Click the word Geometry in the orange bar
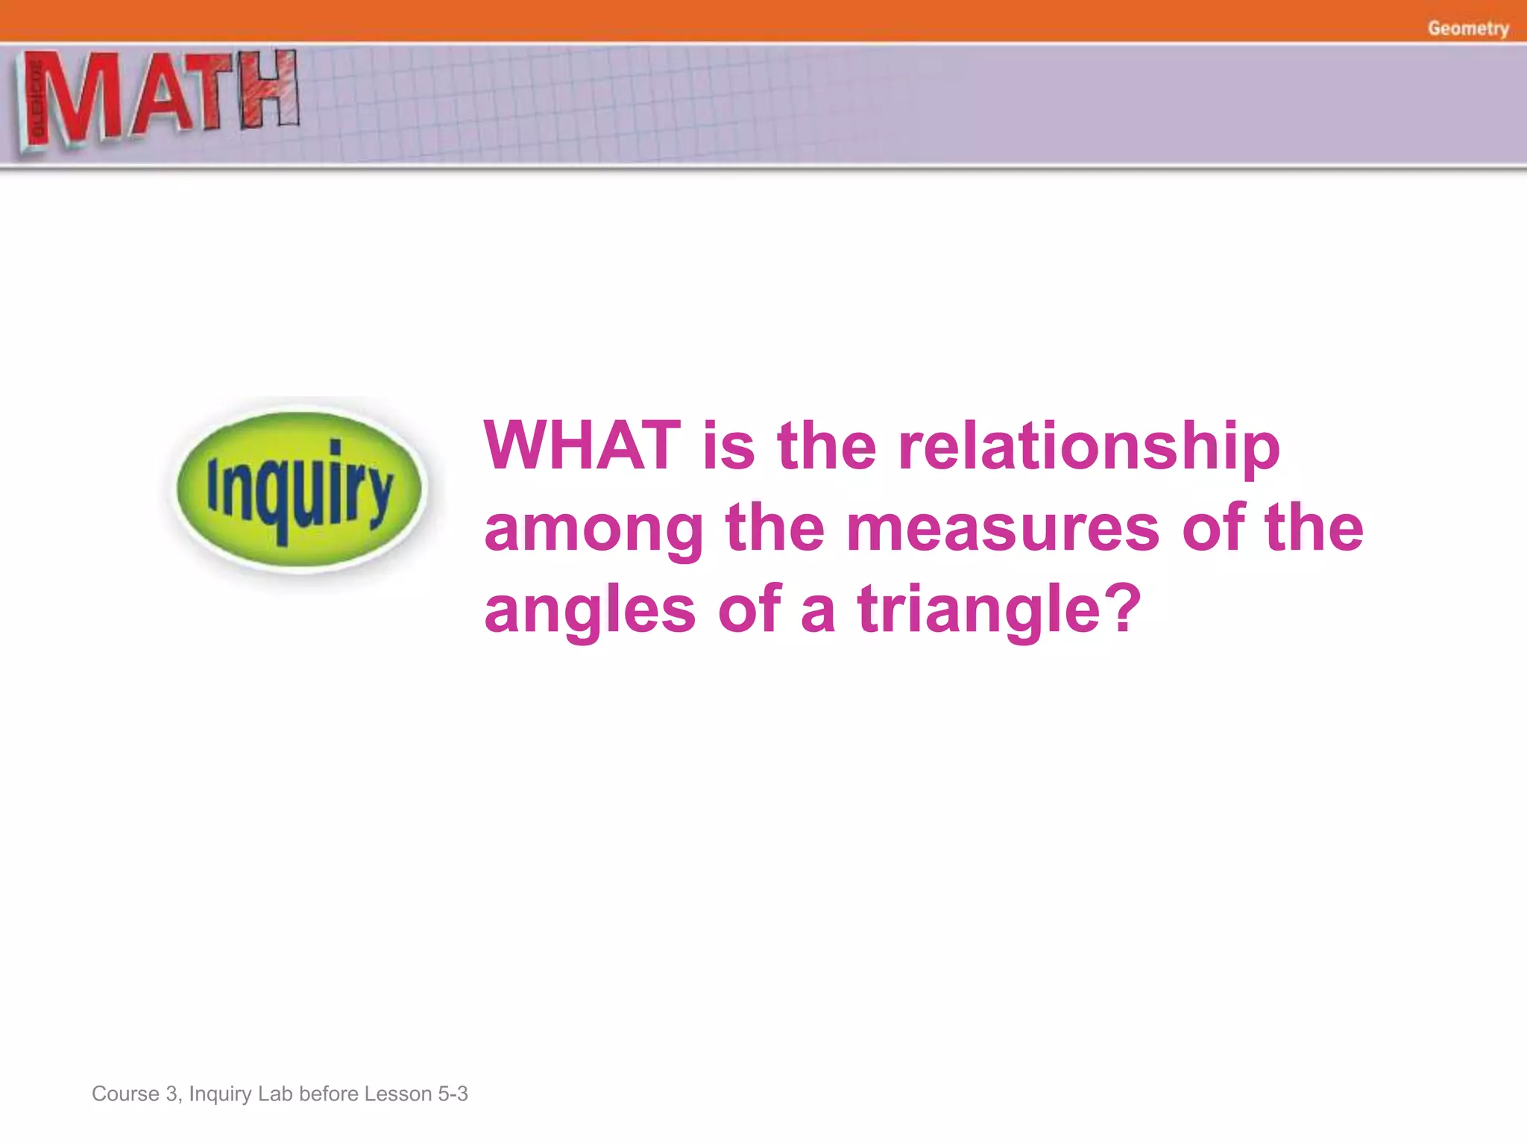pyautogui.click(x=1467, y=28)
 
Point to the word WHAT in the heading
pyautogui.click(x=582, y=446)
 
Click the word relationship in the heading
pyautogui.click(x=1089, y=446)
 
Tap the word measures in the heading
pyautogui.click(x=1003, y=528)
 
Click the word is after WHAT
pyautogui.click(x=728, y=446)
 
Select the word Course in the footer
pyautogui.click(x=125, y=1094)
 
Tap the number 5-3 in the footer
pyautogui.click(x=453, y=1094)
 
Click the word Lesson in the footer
pyautogui.click(x=397, y=1094)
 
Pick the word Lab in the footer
pyautogui.click(x=275, y=1094)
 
